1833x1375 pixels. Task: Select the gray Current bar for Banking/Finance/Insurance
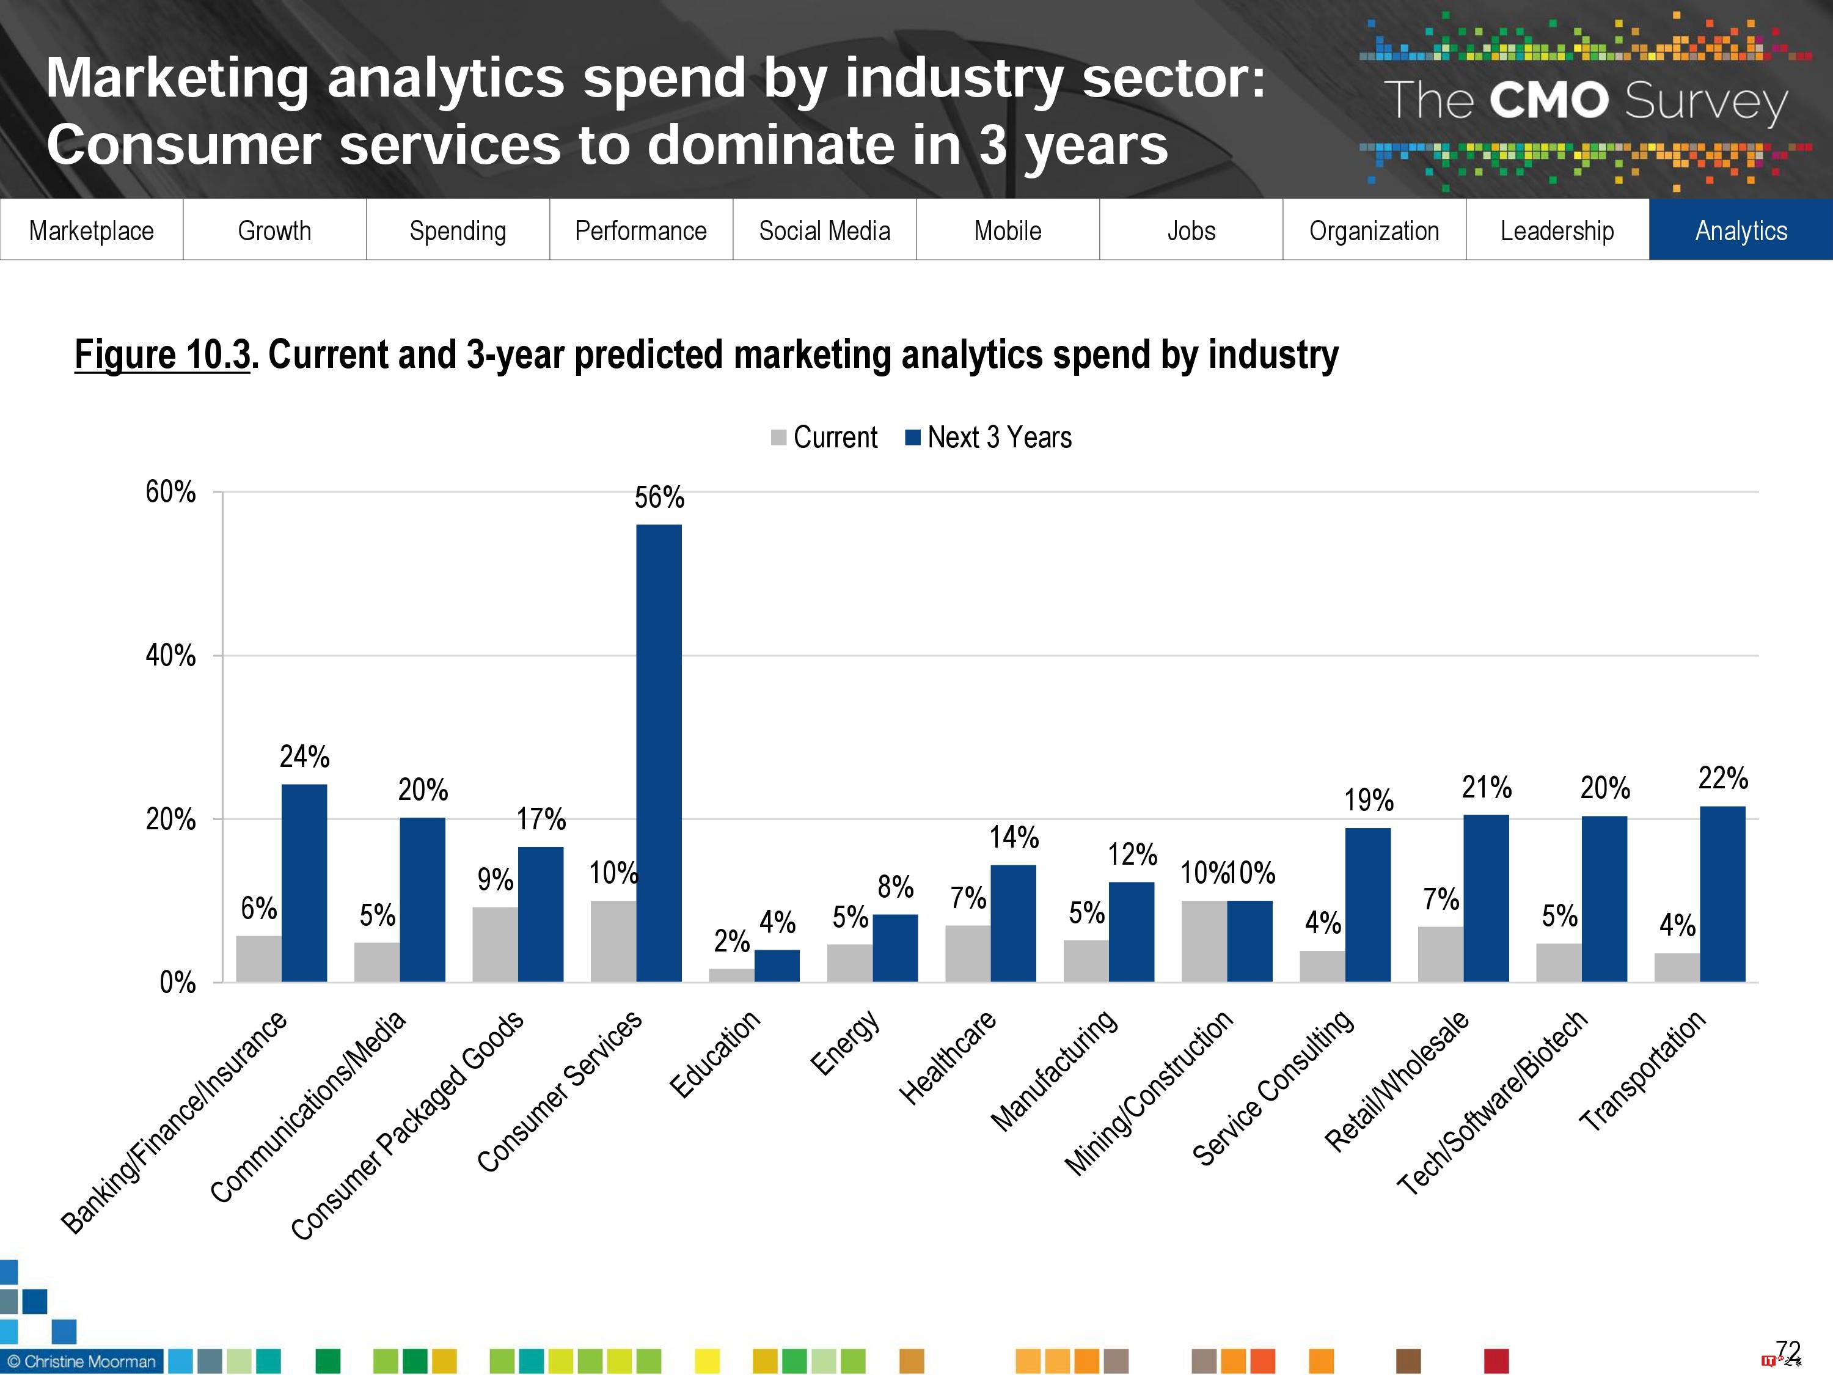tap(258, 959)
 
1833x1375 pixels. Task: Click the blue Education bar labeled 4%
tap(777, 966)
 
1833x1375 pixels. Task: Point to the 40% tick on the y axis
tap(170, 656)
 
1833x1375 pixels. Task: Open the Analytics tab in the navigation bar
tap(1740, 230)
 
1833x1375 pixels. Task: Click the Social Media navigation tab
tap(824, 230)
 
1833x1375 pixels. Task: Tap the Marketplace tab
tap(91, 230)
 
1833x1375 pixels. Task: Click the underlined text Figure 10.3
tap(163, 354)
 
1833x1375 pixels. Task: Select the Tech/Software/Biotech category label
tap(1491, 1102)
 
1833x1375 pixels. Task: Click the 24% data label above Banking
tap(304, 757)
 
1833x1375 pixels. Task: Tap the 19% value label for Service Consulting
tap(1368, 800)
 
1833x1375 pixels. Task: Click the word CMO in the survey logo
tap(1548, 100)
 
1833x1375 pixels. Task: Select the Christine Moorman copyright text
tap(81, 1361)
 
